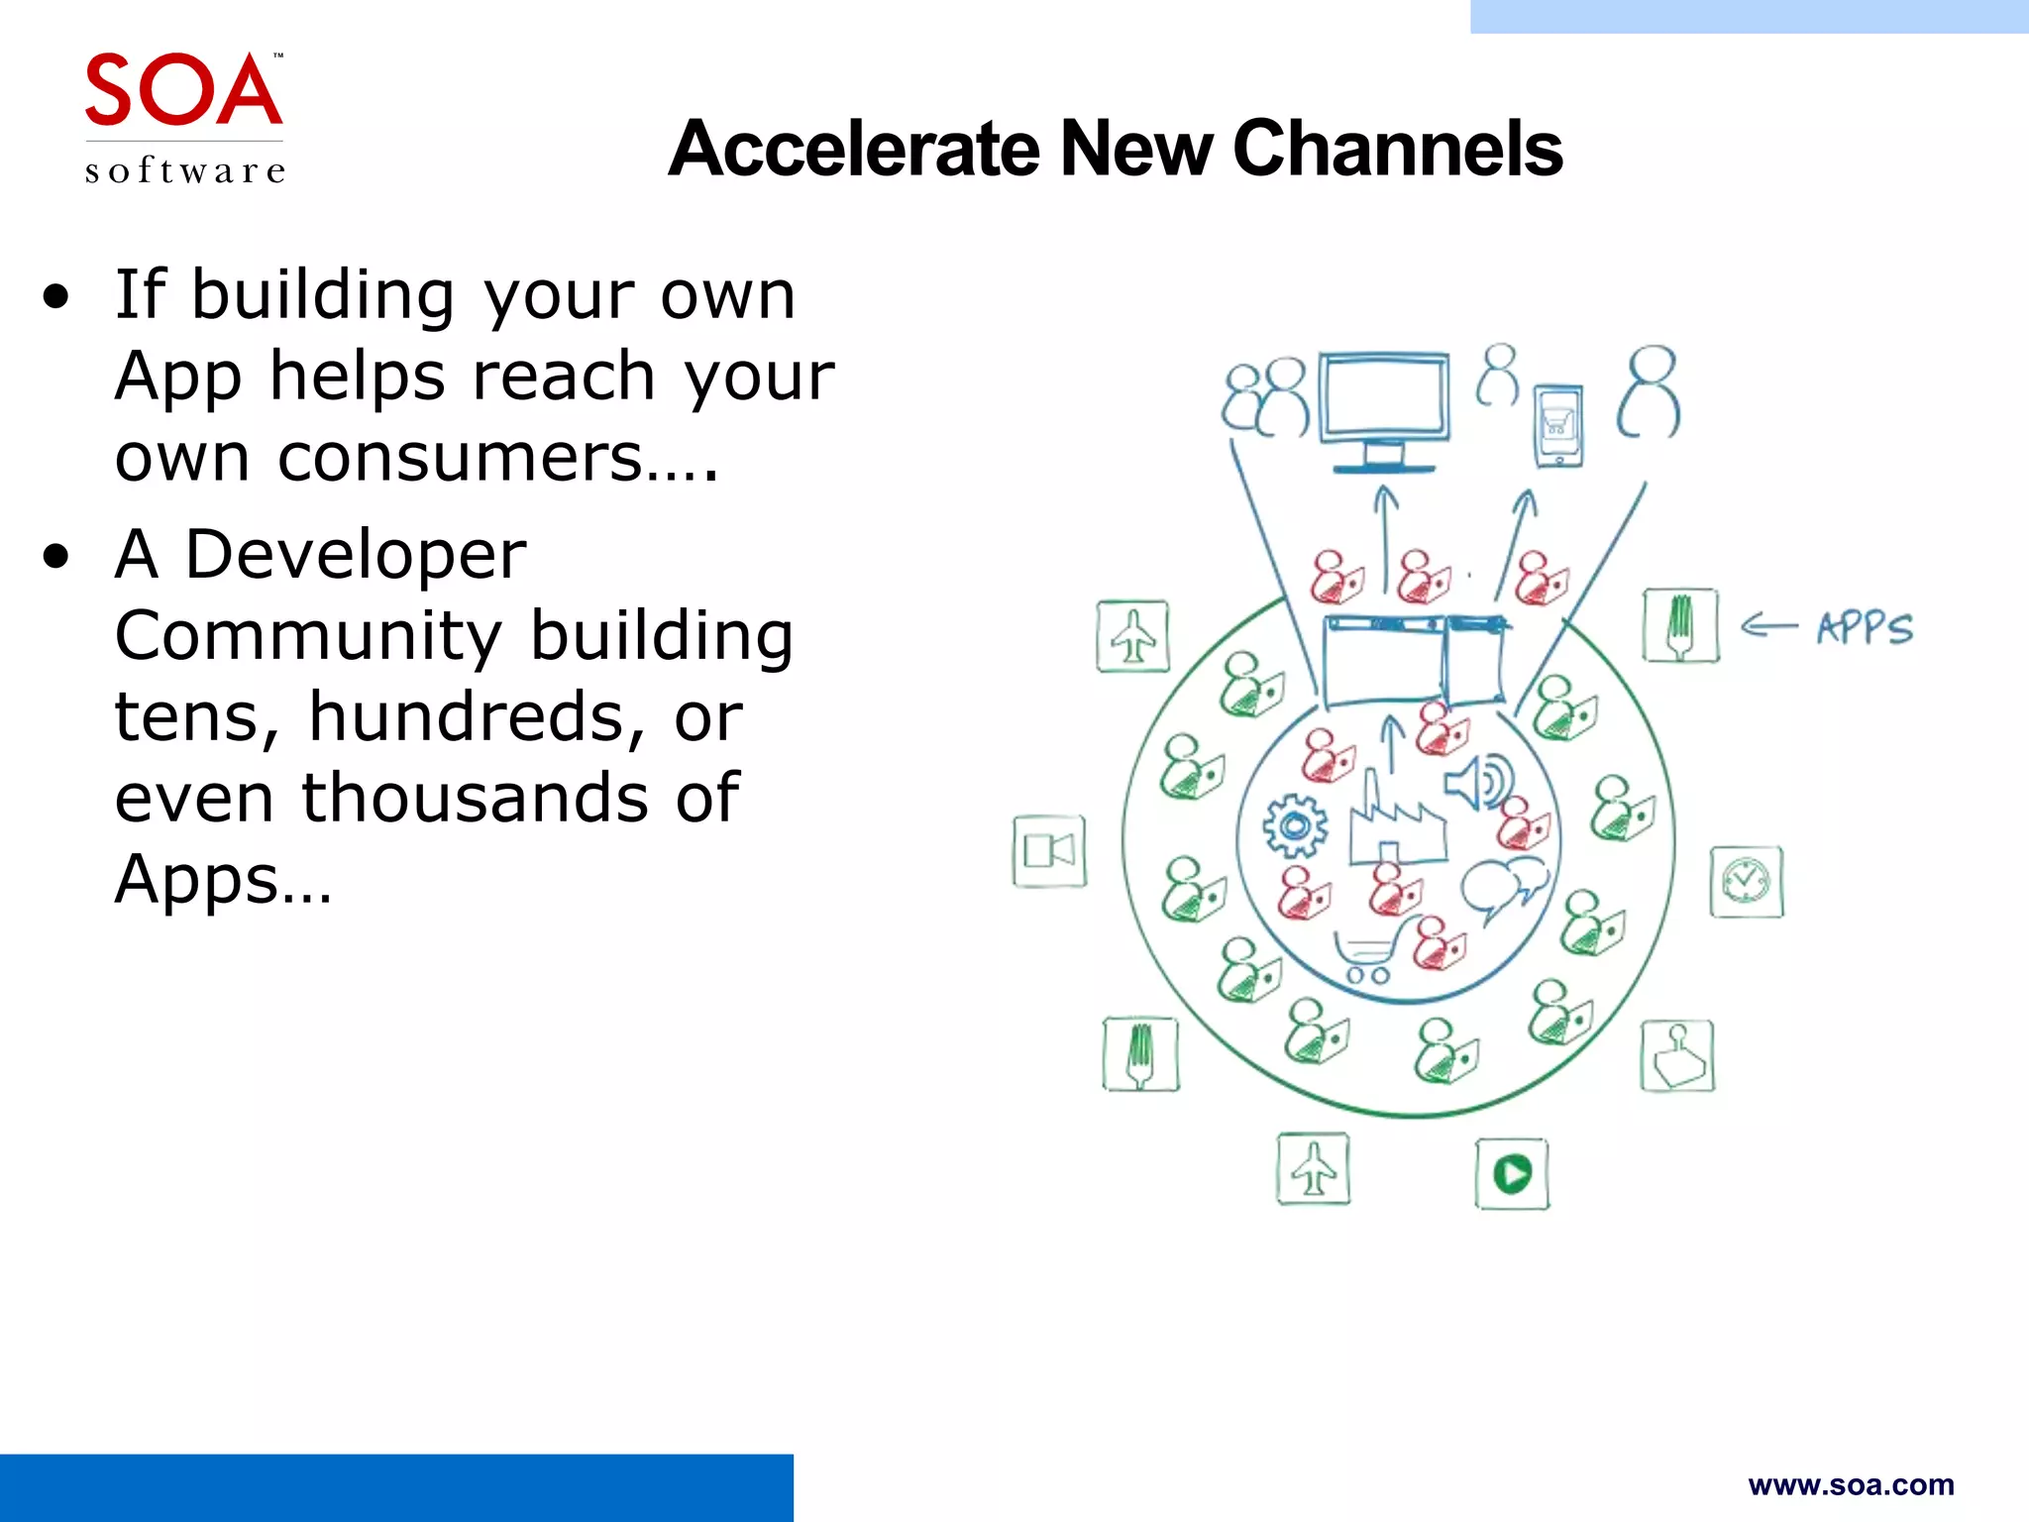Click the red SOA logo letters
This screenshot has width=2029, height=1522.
[183, 91]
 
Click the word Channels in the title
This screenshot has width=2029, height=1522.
[1397, 149]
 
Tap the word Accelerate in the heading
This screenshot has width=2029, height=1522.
[854, 149]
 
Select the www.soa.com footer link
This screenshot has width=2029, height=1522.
[1851, 1484]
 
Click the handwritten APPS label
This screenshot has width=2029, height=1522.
[1865, 628]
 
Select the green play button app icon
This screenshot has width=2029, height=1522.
[1512, 1174]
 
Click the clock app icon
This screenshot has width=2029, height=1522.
[1746, 881]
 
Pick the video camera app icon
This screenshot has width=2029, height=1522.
[1049, 851]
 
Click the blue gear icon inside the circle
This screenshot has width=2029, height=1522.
[1295, 825]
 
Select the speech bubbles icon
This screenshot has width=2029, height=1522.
[1503, 885]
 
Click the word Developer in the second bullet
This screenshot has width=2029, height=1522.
[355, 554]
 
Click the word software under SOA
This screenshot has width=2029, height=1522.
[185, 170]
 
